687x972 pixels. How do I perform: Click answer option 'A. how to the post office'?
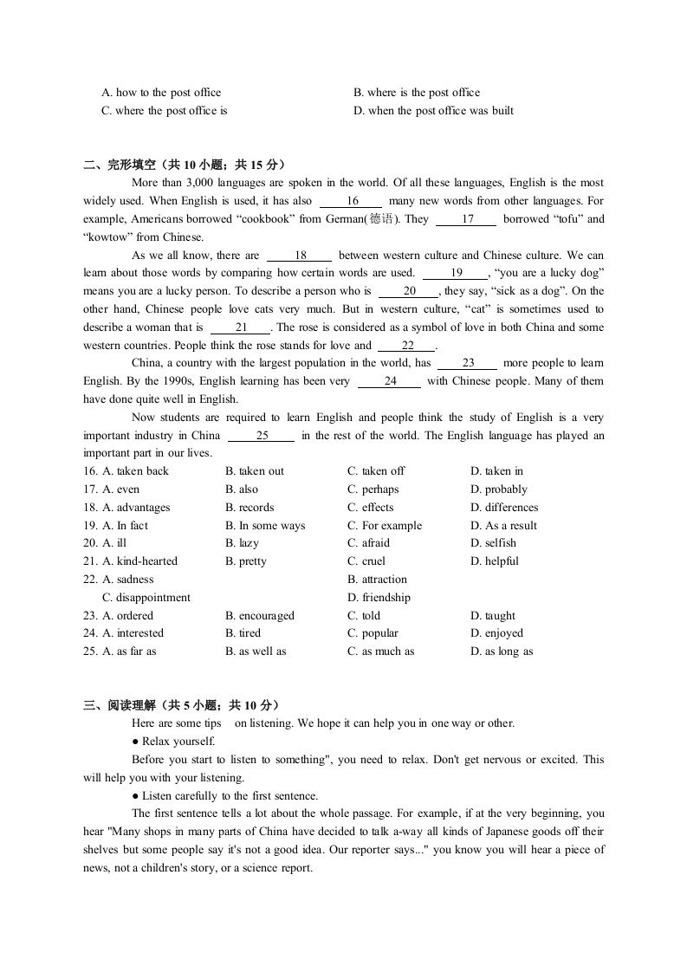coord(161,93)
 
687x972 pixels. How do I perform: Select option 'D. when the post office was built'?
coord(433,111)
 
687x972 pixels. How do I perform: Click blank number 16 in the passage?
coord(352,201)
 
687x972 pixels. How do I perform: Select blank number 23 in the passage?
coord(468,364)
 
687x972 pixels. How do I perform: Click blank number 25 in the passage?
coord(262,436)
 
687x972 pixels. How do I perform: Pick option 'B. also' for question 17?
coord(242,489)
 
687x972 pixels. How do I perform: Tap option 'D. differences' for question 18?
coord(504,508)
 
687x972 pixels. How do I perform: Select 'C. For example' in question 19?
coord(385,526)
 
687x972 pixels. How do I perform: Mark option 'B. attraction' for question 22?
coord(377,580)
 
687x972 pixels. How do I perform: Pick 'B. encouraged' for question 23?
coord(260,616)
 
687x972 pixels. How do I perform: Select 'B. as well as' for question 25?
coord(256,651)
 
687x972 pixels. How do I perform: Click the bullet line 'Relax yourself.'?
coord(178,742)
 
